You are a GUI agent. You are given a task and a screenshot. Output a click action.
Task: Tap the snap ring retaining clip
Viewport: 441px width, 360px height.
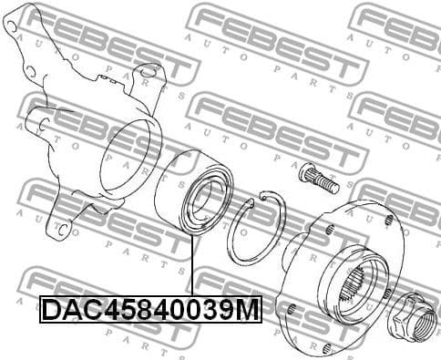pos(254,227)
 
